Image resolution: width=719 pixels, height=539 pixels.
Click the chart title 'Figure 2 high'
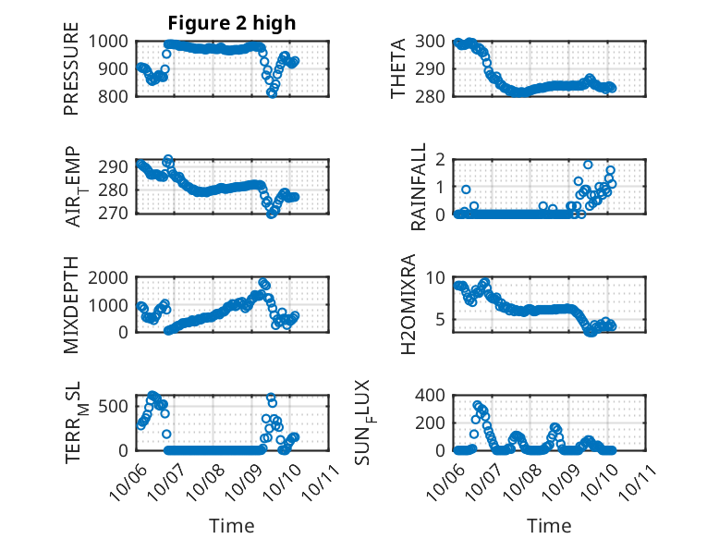(231, 23)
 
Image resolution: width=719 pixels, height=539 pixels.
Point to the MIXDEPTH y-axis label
(71, 304)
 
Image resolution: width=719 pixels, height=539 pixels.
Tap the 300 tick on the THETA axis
(434, 42)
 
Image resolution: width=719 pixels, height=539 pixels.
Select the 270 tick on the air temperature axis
(116, 214)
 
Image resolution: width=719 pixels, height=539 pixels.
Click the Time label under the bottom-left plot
(231, 525)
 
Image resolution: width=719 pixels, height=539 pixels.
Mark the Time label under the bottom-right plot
(549, 525)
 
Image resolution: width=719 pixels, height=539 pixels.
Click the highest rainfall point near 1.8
(588, 165)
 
